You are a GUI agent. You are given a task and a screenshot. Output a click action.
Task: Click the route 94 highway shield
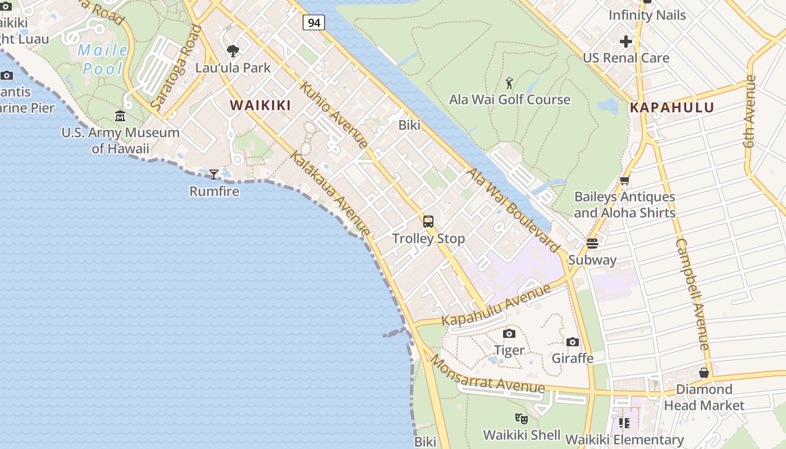[314, 22]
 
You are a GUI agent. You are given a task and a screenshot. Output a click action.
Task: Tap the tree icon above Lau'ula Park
[233, 52]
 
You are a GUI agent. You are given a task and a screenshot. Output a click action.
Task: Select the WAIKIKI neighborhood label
[261, 106]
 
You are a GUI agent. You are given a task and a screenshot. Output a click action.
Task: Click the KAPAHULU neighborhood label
[671, 108]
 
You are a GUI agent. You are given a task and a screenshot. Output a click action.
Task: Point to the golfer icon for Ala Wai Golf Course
[509, 83]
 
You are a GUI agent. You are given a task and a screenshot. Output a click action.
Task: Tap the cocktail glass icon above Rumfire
[214, 175]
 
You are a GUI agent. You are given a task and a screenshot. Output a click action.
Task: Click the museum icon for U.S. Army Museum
[120, 116]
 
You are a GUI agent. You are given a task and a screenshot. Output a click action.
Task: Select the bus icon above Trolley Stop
[428, 222]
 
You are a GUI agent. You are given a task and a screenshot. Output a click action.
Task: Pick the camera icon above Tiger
[509, 333]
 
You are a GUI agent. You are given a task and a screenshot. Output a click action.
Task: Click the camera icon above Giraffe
[572, 342]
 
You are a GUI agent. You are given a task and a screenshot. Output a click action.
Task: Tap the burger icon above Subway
[592, 243]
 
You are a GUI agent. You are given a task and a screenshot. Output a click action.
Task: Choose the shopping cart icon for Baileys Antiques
[624, 181]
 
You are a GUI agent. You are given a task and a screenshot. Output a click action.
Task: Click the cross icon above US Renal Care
[626, 42]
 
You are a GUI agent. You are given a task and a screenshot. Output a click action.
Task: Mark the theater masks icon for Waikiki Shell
[522, 418]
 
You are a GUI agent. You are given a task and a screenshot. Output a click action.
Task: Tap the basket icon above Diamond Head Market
[704, 373]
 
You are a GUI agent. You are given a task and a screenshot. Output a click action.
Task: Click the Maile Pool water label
[102, 59]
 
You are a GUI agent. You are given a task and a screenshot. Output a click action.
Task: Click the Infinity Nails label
[647, 15]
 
